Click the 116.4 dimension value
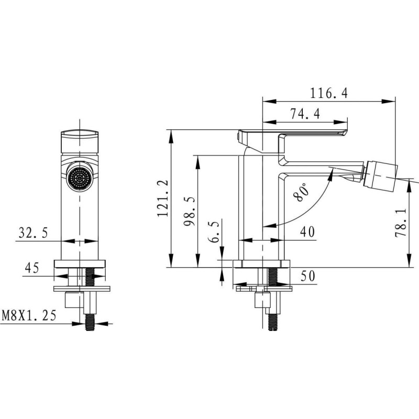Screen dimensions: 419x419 (x=329, y=94)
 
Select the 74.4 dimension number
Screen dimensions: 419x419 (x=305, y=114)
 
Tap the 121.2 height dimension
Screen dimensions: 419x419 (x=163, y=198)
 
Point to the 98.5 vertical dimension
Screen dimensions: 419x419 (x=190, y=211)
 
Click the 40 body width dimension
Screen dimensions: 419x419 (x=307, y=231)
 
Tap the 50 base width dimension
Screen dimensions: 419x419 (x=308, y=276)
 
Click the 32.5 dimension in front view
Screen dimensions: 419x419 (x=33, y=233)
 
